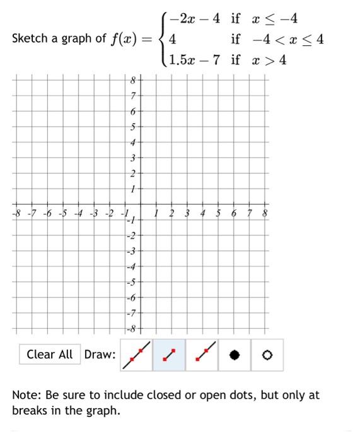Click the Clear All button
[50, 354]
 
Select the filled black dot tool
[235, 355]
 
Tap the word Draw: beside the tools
[100, 355]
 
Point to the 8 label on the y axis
[132, 80]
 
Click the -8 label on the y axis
[131, 328]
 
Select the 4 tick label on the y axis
[132, 142]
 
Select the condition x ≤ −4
[274, 18]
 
